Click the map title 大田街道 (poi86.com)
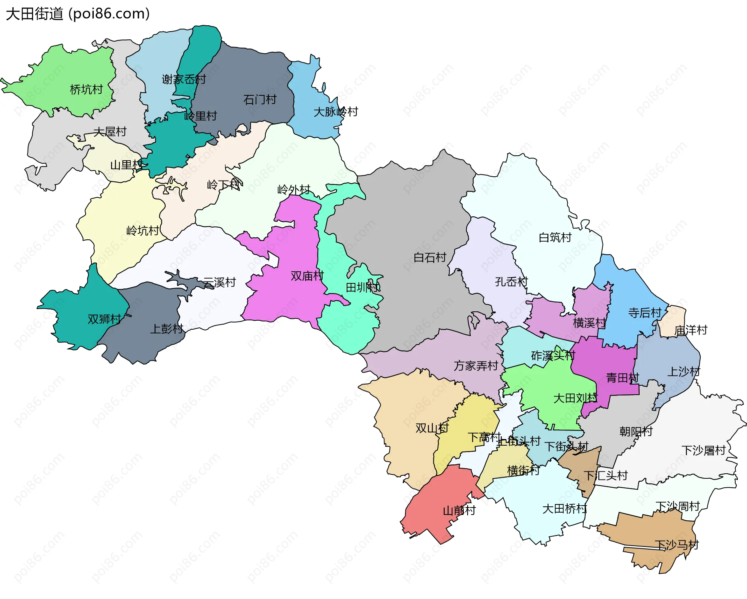pyautogui.click(x=78, y=14)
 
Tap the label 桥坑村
pyautogui.click(x=86, y=90)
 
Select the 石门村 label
pyautogui.click(x=260, y=100)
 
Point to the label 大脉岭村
pyautogui.click(x=336, y=112)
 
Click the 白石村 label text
pyautogui.click(x=430, y=257)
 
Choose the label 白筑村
pyautogui.click(x=555, y=237)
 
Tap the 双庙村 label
pyautogui.click(x=307, y=276)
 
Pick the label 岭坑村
pyautogui.click(x=143, y=231)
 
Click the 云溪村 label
pyautogui.click(x=219, y=282)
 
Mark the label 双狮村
pyautogui.click(x=104, y=319)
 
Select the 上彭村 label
pyautogui.click(x=167, y=329)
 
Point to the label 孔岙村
pyautogui.click(x=511, y=281)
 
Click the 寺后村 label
pyautogui.click(x=645, y=313)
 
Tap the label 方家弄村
pyautogui.click(x=476, y=366)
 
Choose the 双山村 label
pyautogui.click(x=432, y=428)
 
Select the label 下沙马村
pyautogui.click(x=677, y=545)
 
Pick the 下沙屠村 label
pyautogui.click(x=703, y=450)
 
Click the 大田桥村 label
pyautogui.click(x=565, y=509)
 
